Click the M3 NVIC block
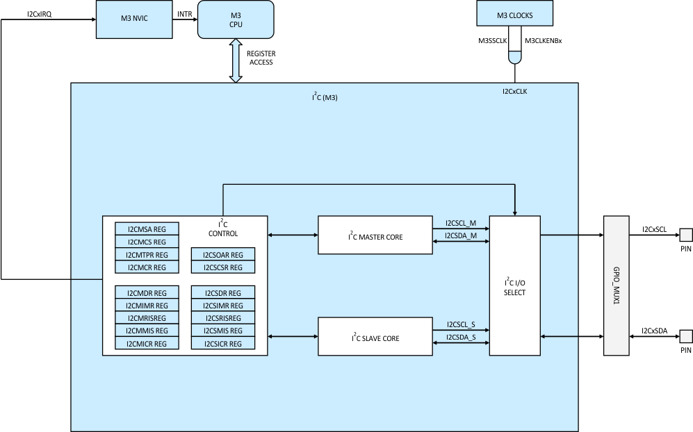pos(133,19)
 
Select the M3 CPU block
pos(236,19)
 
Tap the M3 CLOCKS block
pos(514,13)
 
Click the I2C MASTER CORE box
pos(375,235)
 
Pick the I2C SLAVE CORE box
pos(375,337)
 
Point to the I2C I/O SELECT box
pos(514,286)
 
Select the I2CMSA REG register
pos(147,229)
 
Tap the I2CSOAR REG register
pos(223,255)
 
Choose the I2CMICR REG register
pos(147,344)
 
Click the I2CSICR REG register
pos(223,344)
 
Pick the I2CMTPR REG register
pos(147,255)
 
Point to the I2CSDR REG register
pos(223,293)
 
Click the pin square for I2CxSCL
pos(686,235)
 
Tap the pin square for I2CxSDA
pos(686,337)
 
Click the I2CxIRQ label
pos(39,14)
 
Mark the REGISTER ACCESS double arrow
pos(236,61)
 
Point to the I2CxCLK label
pos(514,90)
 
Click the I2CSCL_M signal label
pos(461,224)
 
